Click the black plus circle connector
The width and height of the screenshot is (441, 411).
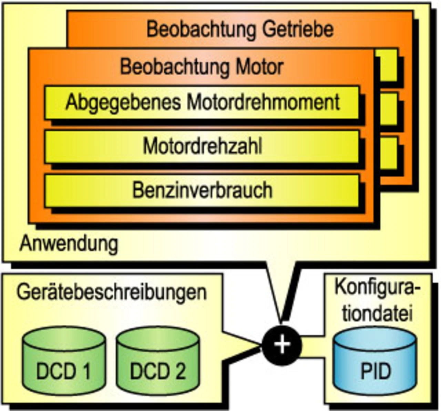tap(282, 345)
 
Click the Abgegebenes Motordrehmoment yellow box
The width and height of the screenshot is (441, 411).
tap(202, 102)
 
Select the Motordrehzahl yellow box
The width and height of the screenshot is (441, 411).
tap(202, 146)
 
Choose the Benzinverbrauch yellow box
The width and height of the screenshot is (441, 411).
tap(202, 190)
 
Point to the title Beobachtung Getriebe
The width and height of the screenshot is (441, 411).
tap(240, 29)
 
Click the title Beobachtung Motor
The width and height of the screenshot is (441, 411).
tap(202, 67)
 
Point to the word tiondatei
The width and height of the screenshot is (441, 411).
tap(377, 313)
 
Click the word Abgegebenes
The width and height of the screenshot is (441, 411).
tap(123, 102)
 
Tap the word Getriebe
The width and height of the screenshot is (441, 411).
tap(298, 29)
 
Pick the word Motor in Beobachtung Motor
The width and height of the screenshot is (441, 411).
tap(259, 67)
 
